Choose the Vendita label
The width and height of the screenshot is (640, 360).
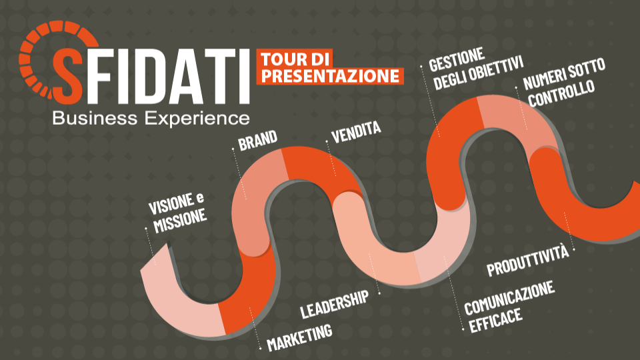[x=356, y=131]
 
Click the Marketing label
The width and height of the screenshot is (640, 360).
[x=299, y=337]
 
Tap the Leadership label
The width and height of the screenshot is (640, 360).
[x=334, y=304]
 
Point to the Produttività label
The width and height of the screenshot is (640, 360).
[x=528, y=260]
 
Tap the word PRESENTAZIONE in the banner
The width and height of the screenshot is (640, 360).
[x=331, y=75]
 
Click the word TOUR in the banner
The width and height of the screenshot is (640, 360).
[x=283, y=59]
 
